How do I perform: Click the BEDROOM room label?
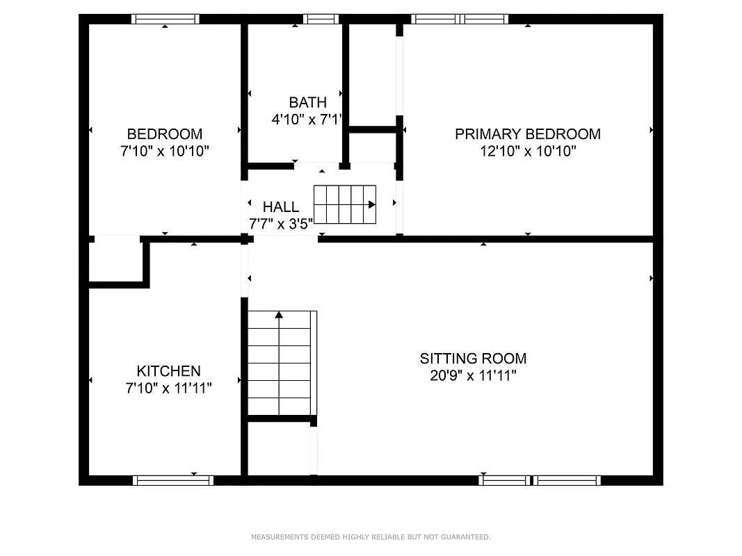coord(165,134)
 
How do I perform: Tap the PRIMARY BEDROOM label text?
coord(528,134)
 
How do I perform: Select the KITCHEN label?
coord(168,371)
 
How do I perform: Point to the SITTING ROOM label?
coord(473,359)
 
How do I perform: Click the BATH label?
coord(307,103)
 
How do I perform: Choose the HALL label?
coord(281,207)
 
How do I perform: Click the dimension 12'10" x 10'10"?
coord(528,151)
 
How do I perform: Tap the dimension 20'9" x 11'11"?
coord(473,376)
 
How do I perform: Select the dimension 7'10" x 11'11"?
coord(168,389)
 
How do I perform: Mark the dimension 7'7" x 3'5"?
coord(281,224)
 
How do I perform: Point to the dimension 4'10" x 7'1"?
coord(307,120)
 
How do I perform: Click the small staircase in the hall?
coord(345,204)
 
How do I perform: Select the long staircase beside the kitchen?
coord(280,363)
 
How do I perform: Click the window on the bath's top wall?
coord(321,19)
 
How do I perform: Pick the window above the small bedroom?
coord(166,19)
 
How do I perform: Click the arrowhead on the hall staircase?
coord(372,204)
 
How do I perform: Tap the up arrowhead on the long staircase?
coord(279,315)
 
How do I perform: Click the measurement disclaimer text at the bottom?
coord(371,537)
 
